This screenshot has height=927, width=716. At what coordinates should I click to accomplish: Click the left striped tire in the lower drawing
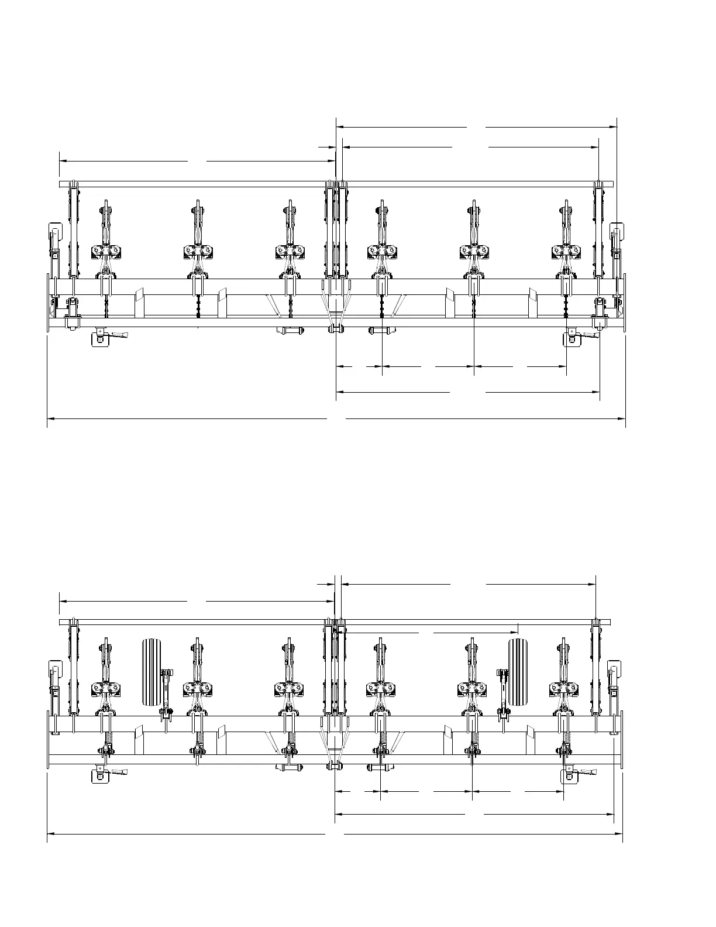[x=151, y=672]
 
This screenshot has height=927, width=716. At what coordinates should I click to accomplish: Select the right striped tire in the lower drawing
[x=518, y=672]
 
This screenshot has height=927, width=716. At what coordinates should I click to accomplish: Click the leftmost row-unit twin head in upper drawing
[x=106, y=251]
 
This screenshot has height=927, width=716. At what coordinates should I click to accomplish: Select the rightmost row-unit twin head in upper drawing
[x=566, y=251]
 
